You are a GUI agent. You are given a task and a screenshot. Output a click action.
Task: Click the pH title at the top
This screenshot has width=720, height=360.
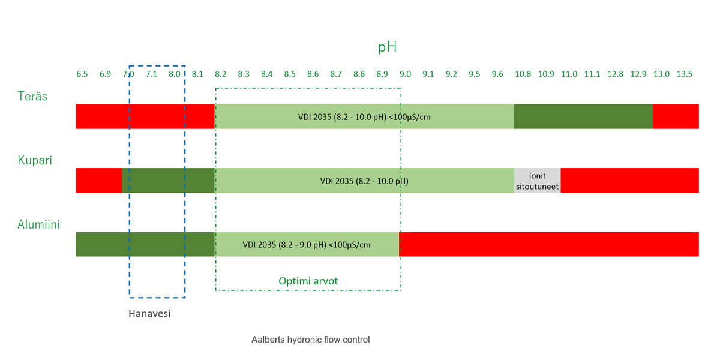coord(387,47)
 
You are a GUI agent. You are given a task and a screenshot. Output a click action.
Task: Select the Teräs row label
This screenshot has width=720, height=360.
coord(32,96)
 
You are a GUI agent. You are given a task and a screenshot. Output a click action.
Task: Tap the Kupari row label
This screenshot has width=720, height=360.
coord(35,160)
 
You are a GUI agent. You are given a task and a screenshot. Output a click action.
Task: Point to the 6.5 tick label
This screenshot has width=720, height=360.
coord(82,74)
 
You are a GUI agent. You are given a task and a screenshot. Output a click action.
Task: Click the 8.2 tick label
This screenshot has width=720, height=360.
coord(221,74)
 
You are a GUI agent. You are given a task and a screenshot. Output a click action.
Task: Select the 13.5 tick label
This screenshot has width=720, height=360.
coord(685,74)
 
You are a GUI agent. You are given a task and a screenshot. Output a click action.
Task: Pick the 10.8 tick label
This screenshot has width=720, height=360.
coord(523,74)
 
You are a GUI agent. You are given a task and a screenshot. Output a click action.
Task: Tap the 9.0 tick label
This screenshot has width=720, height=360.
coord(406,74)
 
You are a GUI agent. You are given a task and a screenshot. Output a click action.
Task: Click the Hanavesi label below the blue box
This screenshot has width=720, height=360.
coord(149,313)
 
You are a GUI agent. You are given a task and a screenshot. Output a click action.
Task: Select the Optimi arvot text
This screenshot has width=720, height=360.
coord(308,281)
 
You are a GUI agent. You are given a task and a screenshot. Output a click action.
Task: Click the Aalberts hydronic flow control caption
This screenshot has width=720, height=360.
coord(310,340)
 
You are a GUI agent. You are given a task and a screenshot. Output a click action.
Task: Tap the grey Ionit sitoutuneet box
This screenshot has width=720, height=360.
coord(538,181)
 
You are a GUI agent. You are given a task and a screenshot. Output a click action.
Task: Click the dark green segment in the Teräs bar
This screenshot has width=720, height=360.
coord(583,116)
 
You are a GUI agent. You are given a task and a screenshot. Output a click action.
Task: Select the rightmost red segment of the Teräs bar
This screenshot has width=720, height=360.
coord(676,116)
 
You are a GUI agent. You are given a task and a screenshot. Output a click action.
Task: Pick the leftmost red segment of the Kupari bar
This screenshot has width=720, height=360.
coord(98,181)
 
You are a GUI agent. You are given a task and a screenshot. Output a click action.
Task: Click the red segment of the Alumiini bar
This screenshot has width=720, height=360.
coord(549,244)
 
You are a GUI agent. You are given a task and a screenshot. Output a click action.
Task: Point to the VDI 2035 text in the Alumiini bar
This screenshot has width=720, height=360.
coord(307,245)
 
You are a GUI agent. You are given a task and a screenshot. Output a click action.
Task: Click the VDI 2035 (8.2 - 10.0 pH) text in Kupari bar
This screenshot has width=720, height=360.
coord(364,181)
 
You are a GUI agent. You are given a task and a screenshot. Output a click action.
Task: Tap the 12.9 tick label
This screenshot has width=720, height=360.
coord(638,74)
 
